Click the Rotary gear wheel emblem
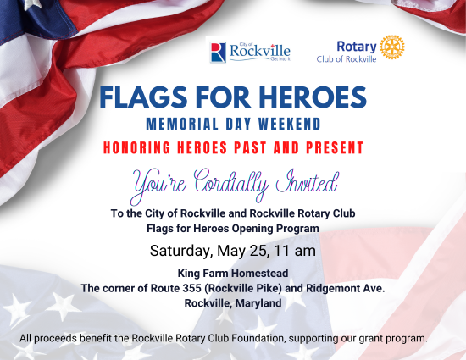click(x=392, y=47)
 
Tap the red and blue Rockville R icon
click(x=218, y=52)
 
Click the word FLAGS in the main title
click(x=143, y=97)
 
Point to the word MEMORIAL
click(x=182, y=124)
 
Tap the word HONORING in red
click(x=136, y=147)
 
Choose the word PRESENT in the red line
click(x=335, y=147)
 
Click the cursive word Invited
click(x=307, y=182)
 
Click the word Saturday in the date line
click(x=180, y=251)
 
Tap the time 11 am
click(x=295, y=251)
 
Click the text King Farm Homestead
click(x=233, y=273)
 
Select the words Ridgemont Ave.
click(x=346, y=288)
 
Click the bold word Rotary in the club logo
click(x=357, y=47)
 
